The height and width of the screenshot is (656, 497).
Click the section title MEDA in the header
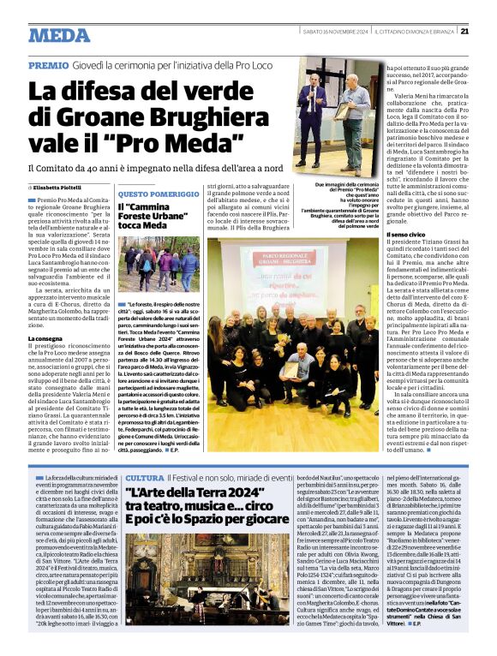pyautogui.click(x=58, y=34)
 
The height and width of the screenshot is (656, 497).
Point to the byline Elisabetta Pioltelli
pyautogui.click(x=62, y=187)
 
